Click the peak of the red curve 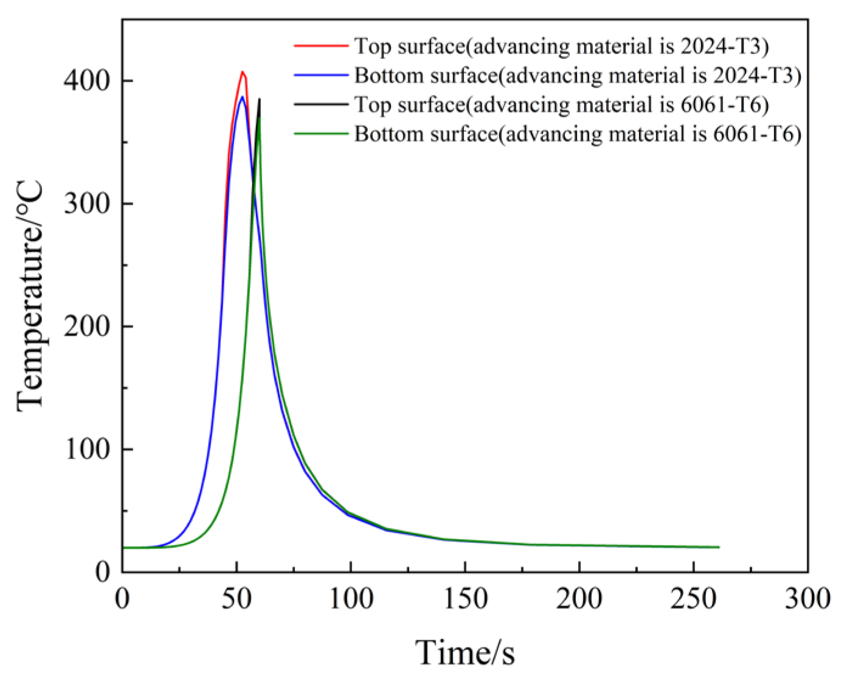pyautogui.click(x=242, y=72)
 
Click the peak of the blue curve pyautogui.click(x=242, y=97)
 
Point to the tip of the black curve pyautogui.click(x=260, y=99)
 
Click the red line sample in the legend pyautogui.click(x=320, y=46)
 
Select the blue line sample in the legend pyautogui.click(x=320, y=75)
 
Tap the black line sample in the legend pyautogui.click(x=320, y=105)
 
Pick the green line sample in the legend pyautogui.click(x=320, y=134)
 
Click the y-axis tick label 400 pyautogui.click(x=88, y=81)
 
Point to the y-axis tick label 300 pyautogui.click(x=88, y=204)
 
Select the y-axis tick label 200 pyautogui.click(x=88, y=326)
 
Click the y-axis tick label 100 pyautogui.click(x=88, y=449)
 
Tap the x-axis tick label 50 pyautogui.click(x=236, y=599)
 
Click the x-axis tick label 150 pyautogui.click(x=465, y=599)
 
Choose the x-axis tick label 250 pyautogui.click(x=693, y=599)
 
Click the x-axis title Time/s pyautogui.click(x=465, y=653)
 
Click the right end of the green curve pyautogui.click(x=719, y=547)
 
